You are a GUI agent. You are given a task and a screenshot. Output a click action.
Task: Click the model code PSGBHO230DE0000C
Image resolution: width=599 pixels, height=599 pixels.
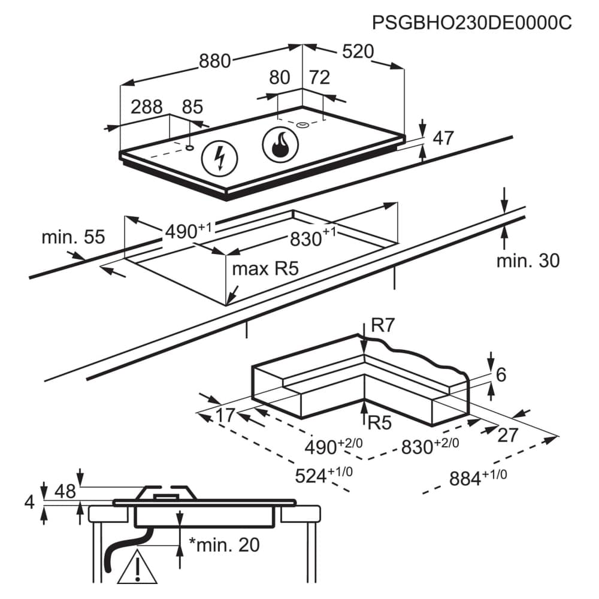pos(472,23)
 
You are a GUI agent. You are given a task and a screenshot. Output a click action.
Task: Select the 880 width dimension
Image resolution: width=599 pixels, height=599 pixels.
pos(214,60)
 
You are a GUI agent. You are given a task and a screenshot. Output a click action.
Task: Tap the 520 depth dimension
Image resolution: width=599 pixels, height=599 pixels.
pos(358,52)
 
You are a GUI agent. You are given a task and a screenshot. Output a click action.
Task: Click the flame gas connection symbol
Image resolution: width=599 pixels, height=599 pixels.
pos(281,145)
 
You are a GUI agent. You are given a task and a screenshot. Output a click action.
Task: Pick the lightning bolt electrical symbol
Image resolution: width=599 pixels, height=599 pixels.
pos(220,159)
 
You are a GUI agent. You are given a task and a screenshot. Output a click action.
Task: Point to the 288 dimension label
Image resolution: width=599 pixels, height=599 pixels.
pos(147,107)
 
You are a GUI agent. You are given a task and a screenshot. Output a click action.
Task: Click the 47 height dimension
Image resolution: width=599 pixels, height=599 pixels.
pos(443,138)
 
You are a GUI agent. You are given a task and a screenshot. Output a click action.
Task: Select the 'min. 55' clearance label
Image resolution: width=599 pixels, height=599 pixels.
pos(73,237)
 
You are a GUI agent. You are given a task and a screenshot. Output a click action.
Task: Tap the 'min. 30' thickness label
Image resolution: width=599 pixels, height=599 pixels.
pos(528,261)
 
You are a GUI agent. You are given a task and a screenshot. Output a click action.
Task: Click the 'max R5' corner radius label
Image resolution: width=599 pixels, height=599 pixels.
pos(265,269)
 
